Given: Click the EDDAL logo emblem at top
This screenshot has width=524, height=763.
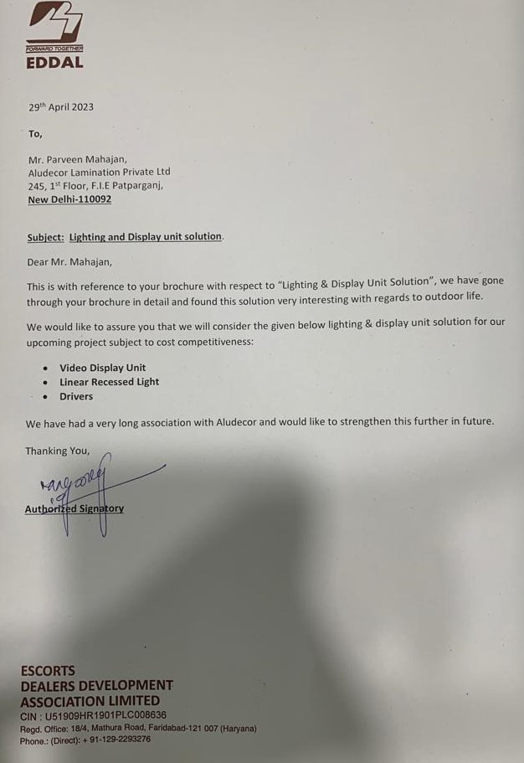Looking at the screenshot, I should click(54, 22).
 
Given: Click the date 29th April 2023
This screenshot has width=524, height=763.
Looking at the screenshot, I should click(61, 107).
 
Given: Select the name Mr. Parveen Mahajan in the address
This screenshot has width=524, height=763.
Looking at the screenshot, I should click(78, 158).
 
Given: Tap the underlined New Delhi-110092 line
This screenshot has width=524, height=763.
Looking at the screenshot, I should click(69, 199).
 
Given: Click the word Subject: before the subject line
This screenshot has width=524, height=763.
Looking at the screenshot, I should click(45, 237).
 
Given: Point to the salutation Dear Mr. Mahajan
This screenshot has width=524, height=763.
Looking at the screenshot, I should click(69, 261).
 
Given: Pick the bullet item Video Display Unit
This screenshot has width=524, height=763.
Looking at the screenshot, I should click(102, 368).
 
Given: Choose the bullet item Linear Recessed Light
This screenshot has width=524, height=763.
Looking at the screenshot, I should click(109, 382).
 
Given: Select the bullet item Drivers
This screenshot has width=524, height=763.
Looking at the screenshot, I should click(76, 396).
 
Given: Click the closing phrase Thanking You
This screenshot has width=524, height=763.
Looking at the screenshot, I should click(57, 451).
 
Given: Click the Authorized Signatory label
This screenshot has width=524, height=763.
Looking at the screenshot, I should click(74, 508).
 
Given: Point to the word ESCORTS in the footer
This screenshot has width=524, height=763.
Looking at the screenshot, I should click(48, 670).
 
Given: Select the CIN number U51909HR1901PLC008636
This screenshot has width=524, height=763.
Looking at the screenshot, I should click(105, 715).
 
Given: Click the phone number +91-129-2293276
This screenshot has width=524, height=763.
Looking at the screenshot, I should click(116, 740).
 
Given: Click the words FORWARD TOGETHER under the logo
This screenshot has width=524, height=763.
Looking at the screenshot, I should click(54, 49).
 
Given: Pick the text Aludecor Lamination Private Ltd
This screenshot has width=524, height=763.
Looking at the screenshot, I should click(99, 172).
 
